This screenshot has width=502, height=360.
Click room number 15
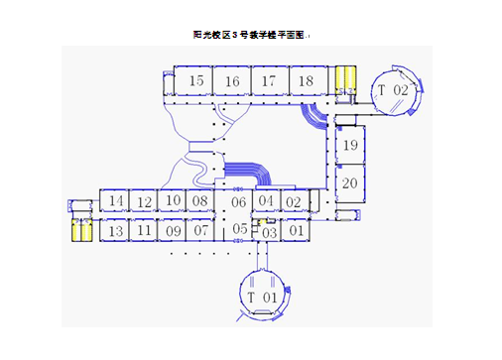point(197,81)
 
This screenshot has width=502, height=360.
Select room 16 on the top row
point(232,81)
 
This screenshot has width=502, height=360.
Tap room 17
point(268,81)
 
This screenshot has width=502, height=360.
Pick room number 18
point(306,81)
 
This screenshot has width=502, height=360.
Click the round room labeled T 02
point(393,90)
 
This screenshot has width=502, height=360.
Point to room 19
point(349,147)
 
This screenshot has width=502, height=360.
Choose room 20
point(349,183)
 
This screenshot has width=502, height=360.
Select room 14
point(116,202)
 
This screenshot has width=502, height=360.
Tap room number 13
point(115,231)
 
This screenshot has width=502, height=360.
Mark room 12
point(144,202)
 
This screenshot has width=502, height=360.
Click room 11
point(144,231)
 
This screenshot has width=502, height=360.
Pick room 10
point(173,201)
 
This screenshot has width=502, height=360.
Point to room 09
point(173,231)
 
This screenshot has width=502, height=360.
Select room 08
point(200,201)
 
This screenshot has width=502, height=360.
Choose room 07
point(201,231)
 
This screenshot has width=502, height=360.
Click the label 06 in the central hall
point(238,202)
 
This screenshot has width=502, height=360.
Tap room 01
point(295,231)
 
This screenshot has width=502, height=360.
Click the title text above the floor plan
point(251,35)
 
